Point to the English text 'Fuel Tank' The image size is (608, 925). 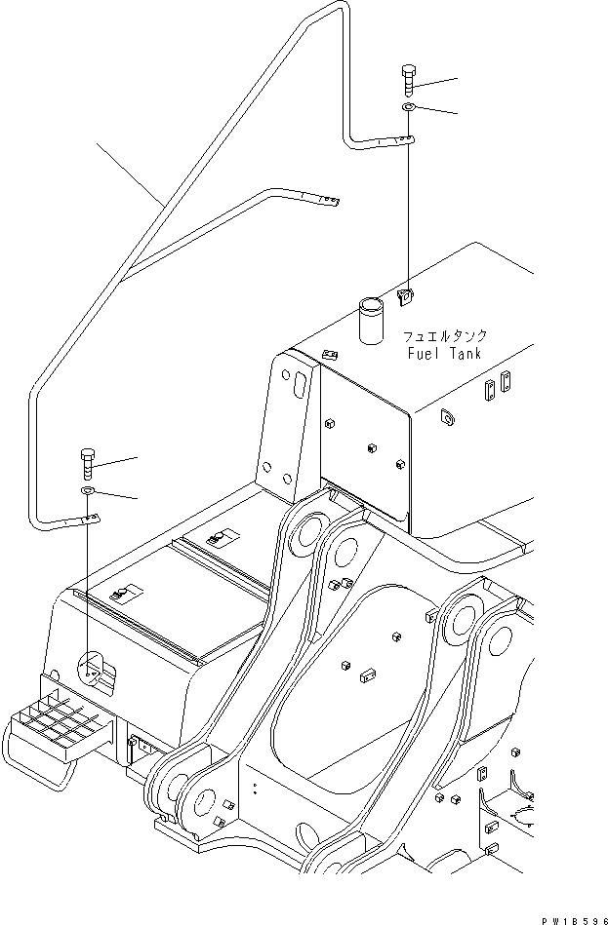444,354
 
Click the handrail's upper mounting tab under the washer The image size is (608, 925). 395,142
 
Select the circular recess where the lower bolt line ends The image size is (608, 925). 90,669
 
